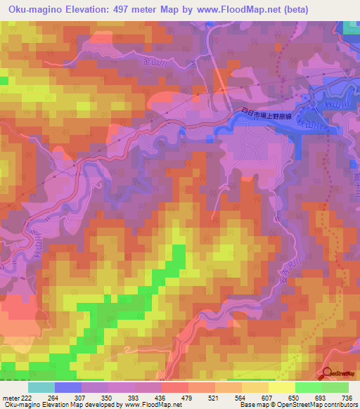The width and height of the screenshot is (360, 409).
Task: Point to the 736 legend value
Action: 346,398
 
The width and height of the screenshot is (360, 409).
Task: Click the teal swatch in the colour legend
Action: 41,387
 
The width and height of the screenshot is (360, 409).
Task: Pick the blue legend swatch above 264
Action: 68,387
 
